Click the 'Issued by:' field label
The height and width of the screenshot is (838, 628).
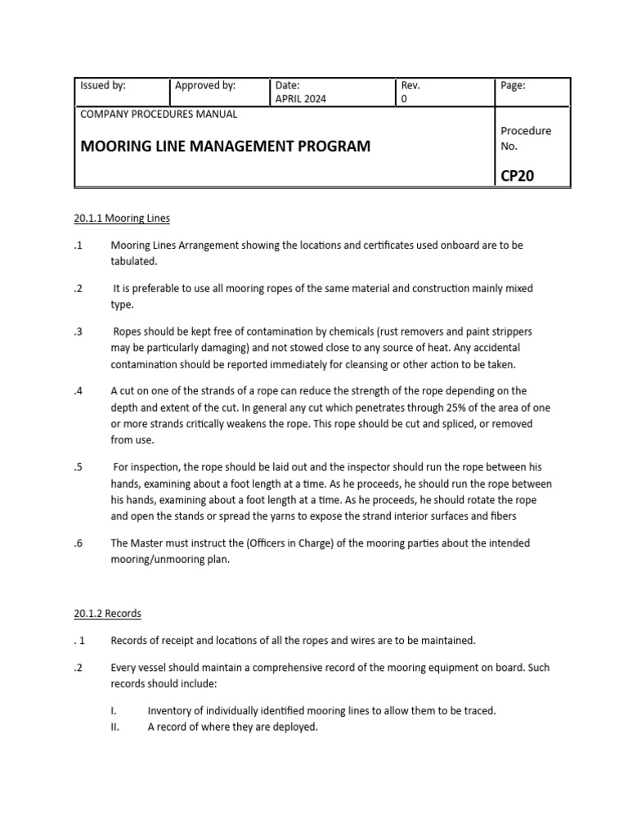click(x=102, y=85)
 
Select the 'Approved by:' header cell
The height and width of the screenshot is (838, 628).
click(x=205, y=85)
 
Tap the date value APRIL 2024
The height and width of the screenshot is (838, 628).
click(x=301, y=99)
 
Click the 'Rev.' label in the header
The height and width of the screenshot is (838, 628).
click(x=410, y=85)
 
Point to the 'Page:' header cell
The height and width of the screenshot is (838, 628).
click(x=513, y=85)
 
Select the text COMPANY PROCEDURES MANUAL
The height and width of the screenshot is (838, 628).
click(x=159, y=115)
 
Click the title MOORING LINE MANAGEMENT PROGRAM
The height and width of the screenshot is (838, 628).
click(x=225, y=146)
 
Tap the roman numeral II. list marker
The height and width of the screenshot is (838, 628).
click(x=115, y=726)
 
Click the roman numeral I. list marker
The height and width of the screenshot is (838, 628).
click(x=114, y=710)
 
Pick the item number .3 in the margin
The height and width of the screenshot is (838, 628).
click(x=78, y=331)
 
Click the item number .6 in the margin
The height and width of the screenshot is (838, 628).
click(x=78, y=543)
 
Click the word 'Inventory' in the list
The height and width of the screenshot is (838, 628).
click(x=169, y=710)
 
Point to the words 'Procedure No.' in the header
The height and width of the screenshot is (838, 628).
click(x=526, y=138)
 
